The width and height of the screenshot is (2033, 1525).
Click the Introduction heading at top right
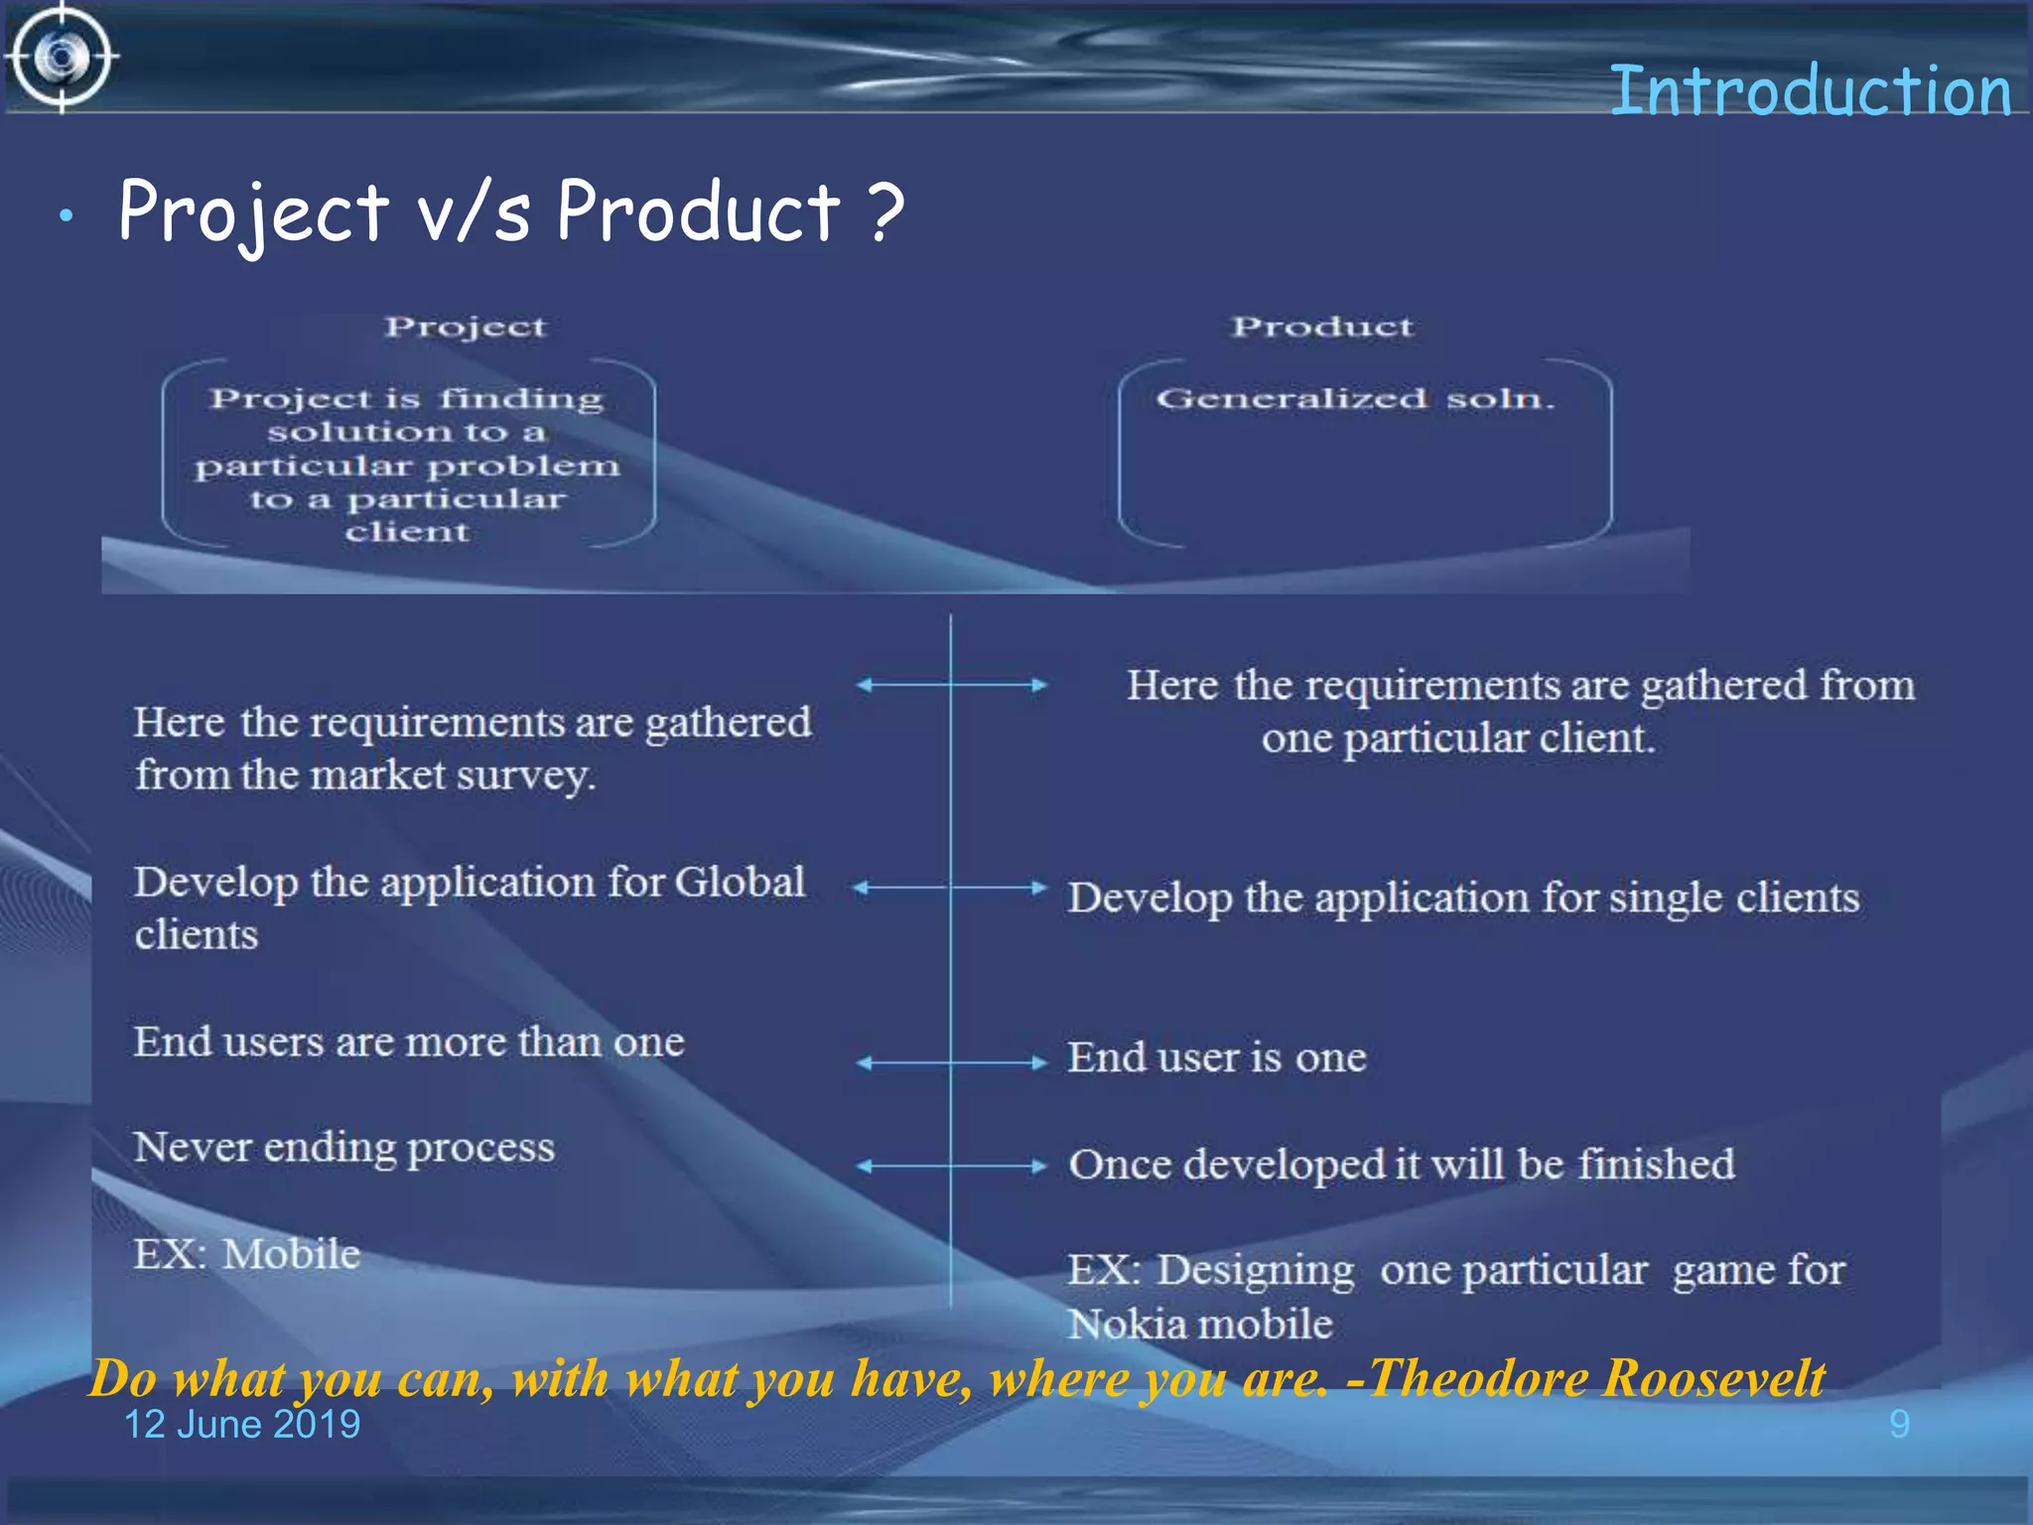tap(1809, 91)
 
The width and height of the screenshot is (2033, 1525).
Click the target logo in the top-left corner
tap(62, 57)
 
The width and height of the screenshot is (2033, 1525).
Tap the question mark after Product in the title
tap(884, 211)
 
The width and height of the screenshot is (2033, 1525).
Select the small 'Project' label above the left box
tap(465, 327)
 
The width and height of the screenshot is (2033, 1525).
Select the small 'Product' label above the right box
tap(1321, 327)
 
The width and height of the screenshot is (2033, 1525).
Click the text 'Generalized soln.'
tap(1354, 399)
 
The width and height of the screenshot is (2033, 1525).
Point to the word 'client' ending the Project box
tap(407, 532)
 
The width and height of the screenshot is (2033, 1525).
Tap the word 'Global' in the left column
tap(740, 882)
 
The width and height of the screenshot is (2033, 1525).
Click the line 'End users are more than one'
tap(409, 1041)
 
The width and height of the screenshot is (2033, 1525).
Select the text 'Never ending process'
tap(343, 1147)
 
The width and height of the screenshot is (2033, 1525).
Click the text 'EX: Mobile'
tap(247, 1254)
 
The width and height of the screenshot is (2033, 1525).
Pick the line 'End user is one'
tap(1217, 1057)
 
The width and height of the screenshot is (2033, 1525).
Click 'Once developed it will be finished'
tap(1402, 1164)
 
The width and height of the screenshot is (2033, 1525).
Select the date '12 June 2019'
tap(241, 1425)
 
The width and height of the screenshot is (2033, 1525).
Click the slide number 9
tap(1898, 1425)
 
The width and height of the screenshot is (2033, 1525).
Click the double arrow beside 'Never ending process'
tap(951, 1166)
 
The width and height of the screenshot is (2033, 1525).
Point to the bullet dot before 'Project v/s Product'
tap(66, 215)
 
